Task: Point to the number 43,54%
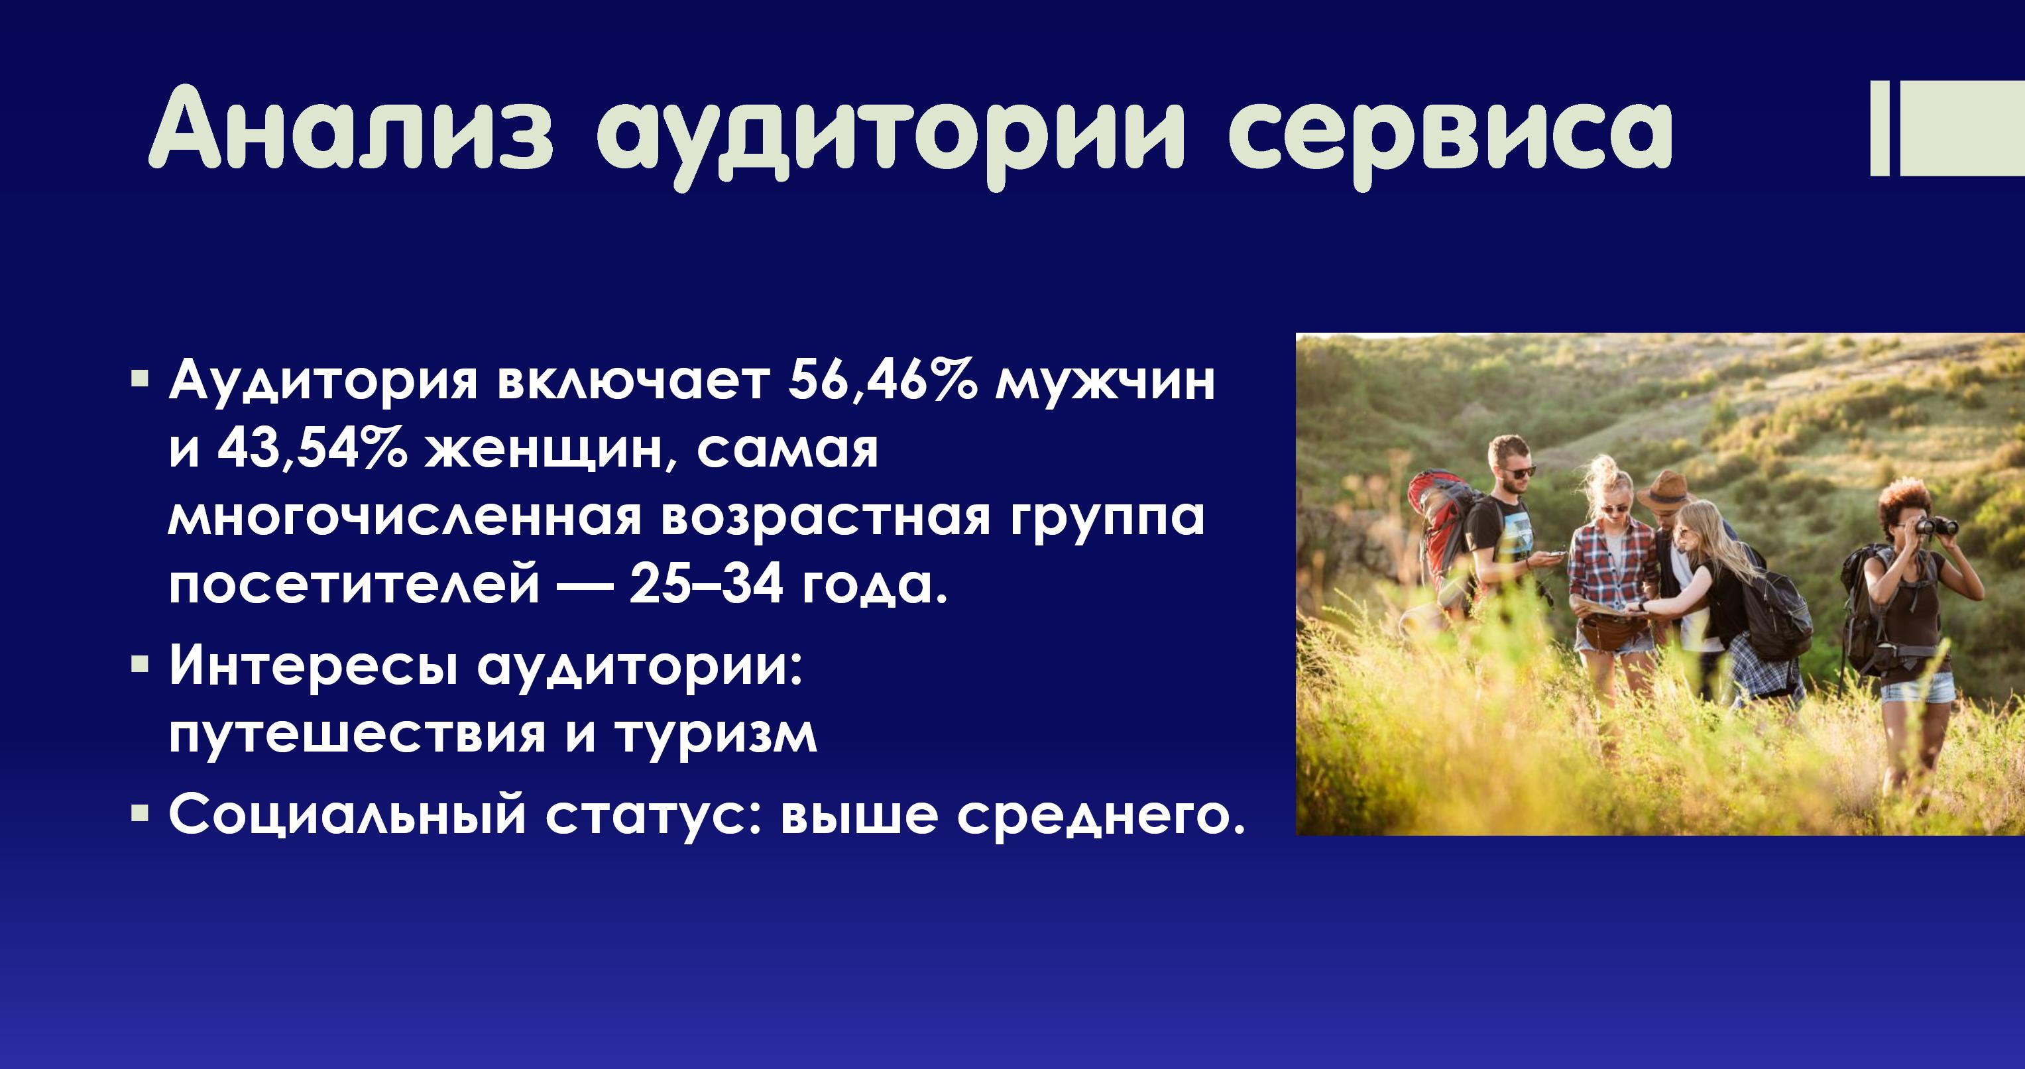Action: click(312, 449)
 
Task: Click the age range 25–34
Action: click(706, 583)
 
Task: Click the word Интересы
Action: click(314, 664)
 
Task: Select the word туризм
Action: click(716, 735)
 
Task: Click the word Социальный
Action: click(347, 815)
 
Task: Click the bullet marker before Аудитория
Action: click(140, 380)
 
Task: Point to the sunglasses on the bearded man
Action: click(1518, 473)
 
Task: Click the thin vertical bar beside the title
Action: click(1880, 127)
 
